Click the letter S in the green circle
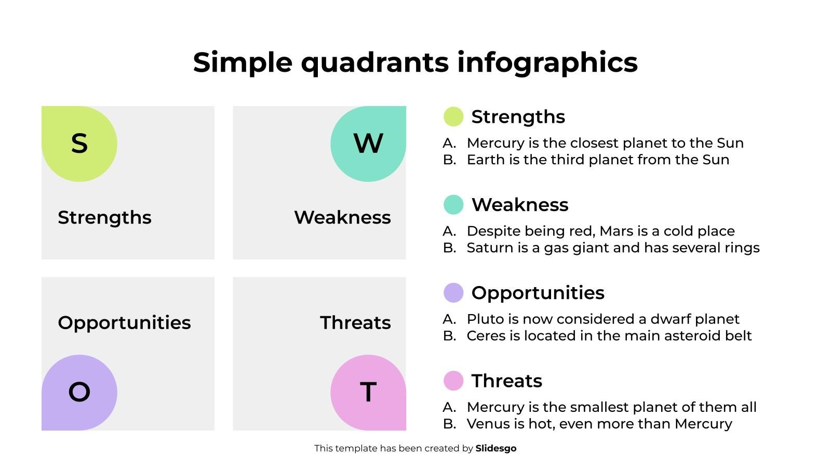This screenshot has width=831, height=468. click(x=79, y=144)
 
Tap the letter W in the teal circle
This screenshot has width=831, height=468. click(x=368, y=144)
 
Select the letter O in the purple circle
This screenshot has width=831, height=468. click(x=79, y=392)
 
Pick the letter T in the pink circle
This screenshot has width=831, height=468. click(x=368, y=392)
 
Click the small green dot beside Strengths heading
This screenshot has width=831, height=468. click(x=453, y=116)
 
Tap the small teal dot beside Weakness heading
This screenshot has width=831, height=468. click(x=453, y=205)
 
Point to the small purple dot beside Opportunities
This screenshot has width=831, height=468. click(x=453, y=293)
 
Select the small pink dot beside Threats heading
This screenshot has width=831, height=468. click(x=453, y=381)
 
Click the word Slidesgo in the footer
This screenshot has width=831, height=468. click(x=496, y=449)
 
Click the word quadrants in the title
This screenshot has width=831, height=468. click(x=374, y=62)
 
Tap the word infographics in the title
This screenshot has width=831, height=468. click(x=547, y=62)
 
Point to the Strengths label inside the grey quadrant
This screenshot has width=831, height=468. click(x=104, y=218)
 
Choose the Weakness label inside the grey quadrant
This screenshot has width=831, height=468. click(x=342, y=218)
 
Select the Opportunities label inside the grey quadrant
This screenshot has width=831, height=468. click(x=124, y=323)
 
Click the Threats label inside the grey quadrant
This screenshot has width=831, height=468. click(x=355, y=323)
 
